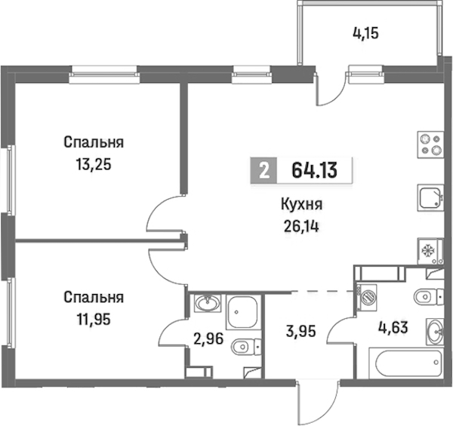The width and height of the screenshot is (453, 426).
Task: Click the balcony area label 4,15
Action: pos(365,34)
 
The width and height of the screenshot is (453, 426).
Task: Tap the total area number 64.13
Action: pos(314,170)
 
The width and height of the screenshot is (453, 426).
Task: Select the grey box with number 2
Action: pos(263,170)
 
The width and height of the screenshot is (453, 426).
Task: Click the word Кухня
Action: pos(301,205)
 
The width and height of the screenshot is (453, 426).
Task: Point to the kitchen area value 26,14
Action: pos(301,227)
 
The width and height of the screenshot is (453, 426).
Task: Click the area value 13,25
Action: pos(94,165)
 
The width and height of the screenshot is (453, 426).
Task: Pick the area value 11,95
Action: pos(94,319)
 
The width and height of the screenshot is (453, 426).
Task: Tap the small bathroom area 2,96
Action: pos(208,339)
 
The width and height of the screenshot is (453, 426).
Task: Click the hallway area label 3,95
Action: pos(301,332)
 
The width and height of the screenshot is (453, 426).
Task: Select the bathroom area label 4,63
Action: pos(393,328)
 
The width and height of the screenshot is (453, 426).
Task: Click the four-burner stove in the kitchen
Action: pos(430,145)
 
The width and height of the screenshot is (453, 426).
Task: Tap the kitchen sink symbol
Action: pos(430,198)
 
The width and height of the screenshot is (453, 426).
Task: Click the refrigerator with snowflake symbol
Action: pos(430,251)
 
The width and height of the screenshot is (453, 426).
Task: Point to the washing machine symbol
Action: pos(367,298)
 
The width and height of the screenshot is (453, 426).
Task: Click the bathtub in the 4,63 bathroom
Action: pos(406,363)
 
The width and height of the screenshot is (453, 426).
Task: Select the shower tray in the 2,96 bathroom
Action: pos(242,312)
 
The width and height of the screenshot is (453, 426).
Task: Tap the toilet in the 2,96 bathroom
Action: pos(246,346)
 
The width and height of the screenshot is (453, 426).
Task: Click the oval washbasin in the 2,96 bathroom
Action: pos(208,303)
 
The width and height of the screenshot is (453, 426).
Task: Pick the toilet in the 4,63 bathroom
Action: pos(429,296)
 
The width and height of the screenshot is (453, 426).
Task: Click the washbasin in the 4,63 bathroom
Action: pos(435,332)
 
